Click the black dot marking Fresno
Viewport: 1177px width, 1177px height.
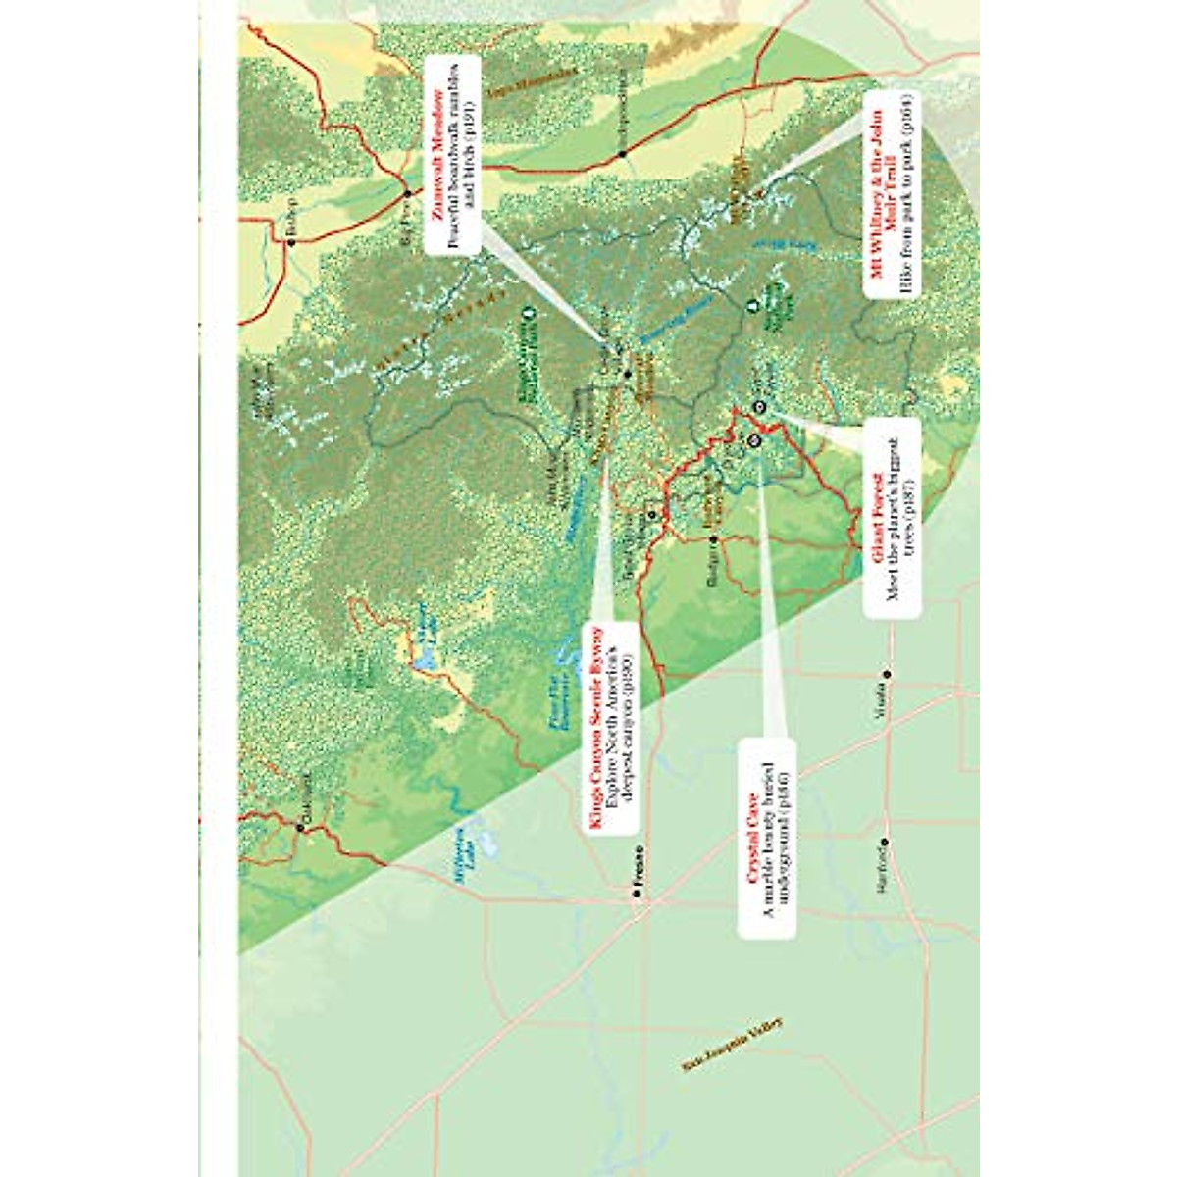638,896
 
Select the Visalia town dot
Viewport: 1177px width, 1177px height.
885,673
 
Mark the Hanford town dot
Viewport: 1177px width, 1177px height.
885,841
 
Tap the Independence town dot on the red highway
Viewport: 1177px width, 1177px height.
621,153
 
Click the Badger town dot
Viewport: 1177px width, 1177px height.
714,539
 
